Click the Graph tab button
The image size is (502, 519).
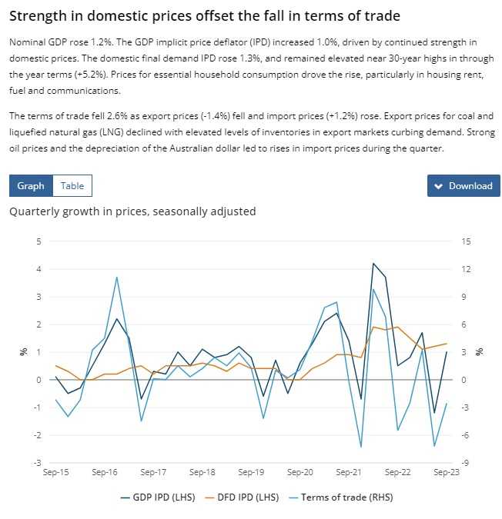coord(31,185)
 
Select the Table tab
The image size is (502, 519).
coord(72,185)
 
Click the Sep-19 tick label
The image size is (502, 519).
coord(251,473)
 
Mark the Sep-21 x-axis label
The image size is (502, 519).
coord(349,473)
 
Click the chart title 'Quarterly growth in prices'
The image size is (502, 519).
coord(132,211)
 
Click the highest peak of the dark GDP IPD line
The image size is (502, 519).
coord(373,263)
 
